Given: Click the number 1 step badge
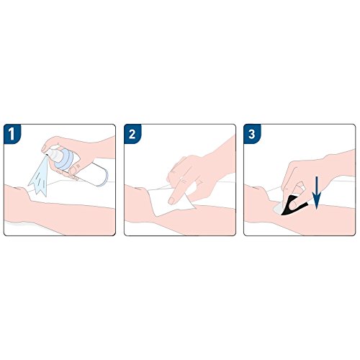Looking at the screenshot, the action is (12, 134).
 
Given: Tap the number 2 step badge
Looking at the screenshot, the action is (132, 134).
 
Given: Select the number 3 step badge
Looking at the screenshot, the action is (252, 134).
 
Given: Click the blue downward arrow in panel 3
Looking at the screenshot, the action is (317, 193).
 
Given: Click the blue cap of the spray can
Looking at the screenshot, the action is (63, 158).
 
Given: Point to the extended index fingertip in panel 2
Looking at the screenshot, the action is (172, 201).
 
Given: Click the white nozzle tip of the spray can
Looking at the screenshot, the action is (52, 153).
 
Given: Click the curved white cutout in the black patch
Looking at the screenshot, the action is (293, 204).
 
